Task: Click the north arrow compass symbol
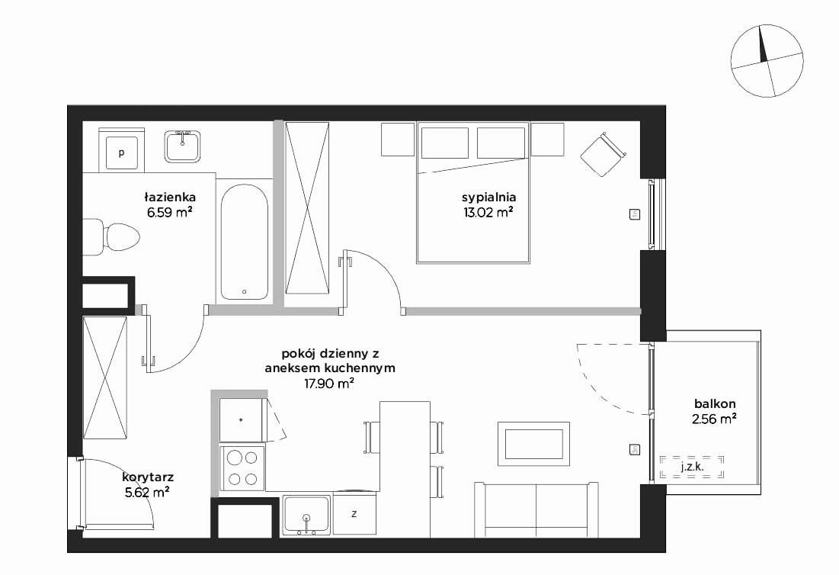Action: click(767, 63)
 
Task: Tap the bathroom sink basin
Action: click(182, 146)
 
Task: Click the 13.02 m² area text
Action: click(489, 212)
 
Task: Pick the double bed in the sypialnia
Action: click(473, 193)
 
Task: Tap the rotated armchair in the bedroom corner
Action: click(603, 154)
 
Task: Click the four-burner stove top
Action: click(242, 468)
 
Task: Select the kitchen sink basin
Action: click(306, 515)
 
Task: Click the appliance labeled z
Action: click(354, 515)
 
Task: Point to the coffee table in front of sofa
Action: click(533, 444)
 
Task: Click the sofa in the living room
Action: click(536, 509)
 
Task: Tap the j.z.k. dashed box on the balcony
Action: click(692, 467)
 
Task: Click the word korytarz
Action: click(148, 477)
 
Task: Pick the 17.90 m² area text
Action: click(329, 384)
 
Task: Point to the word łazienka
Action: click(170, 197)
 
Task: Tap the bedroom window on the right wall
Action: click(652, 214)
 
